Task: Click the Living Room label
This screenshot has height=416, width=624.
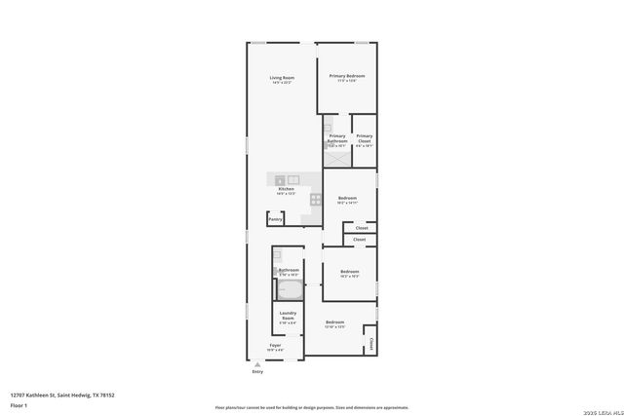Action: [282, 78]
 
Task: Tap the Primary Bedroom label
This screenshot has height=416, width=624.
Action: [347, 76]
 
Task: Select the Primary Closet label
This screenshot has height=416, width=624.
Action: [364, 138]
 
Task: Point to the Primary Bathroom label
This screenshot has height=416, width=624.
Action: [336, 138]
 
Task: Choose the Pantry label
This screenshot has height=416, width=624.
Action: [276, 219]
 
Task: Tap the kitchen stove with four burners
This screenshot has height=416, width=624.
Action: [316, 200]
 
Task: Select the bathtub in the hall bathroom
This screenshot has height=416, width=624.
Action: [290, 289]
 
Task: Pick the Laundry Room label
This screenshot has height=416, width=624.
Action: [288, 316]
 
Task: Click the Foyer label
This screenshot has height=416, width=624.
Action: [275, 346]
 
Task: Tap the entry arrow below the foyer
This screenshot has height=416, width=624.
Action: [257, 364]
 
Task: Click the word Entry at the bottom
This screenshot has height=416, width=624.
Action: [257, 371]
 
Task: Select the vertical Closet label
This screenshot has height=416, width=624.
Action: [371, 344]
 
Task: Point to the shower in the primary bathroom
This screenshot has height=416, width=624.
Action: [337, 159]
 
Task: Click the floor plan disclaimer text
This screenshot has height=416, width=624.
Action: [311, 407]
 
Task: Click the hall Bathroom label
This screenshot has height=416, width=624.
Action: [288, 270]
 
